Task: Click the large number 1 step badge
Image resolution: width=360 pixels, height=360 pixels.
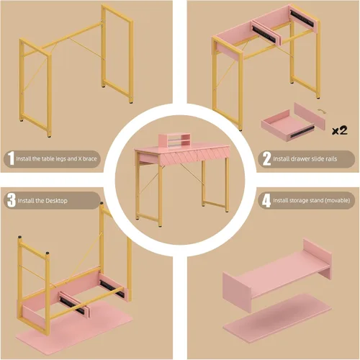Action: point(11,158)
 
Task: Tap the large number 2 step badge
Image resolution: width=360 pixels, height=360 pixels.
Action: point(266,158)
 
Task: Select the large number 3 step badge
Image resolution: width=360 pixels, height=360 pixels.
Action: point(12,200)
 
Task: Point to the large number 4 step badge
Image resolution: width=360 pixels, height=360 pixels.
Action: point(266,201)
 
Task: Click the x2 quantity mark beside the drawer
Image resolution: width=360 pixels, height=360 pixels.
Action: point(340,130)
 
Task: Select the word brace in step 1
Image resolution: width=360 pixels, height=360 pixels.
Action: point(90,158)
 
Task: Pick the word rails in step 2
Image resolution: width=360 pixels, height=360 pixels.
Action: point(331,158)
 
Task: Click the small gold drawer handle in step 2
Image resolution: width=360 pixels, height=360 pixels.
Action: point(321,111)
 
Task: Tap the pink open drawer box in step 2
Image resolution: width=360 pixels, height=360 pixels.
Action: point(287,125)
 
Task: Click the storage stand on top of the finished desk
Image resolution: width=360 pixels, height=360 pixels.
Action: point(173,140)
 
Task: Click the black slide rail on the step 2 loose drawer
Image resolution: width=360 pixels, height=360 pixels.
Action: point(302,132)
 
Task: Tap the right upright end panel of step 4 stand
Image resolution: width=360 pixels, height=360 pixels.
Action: point(318,258)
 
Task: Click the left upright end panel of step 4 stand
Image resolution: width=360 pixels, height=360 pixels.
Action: point(237,292)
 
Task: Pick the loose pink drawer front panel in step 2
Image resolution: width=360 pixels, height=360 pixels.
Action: point(310,116)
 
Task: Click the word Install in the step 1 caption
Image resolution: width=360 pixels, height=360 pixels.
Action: point(23,158)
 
